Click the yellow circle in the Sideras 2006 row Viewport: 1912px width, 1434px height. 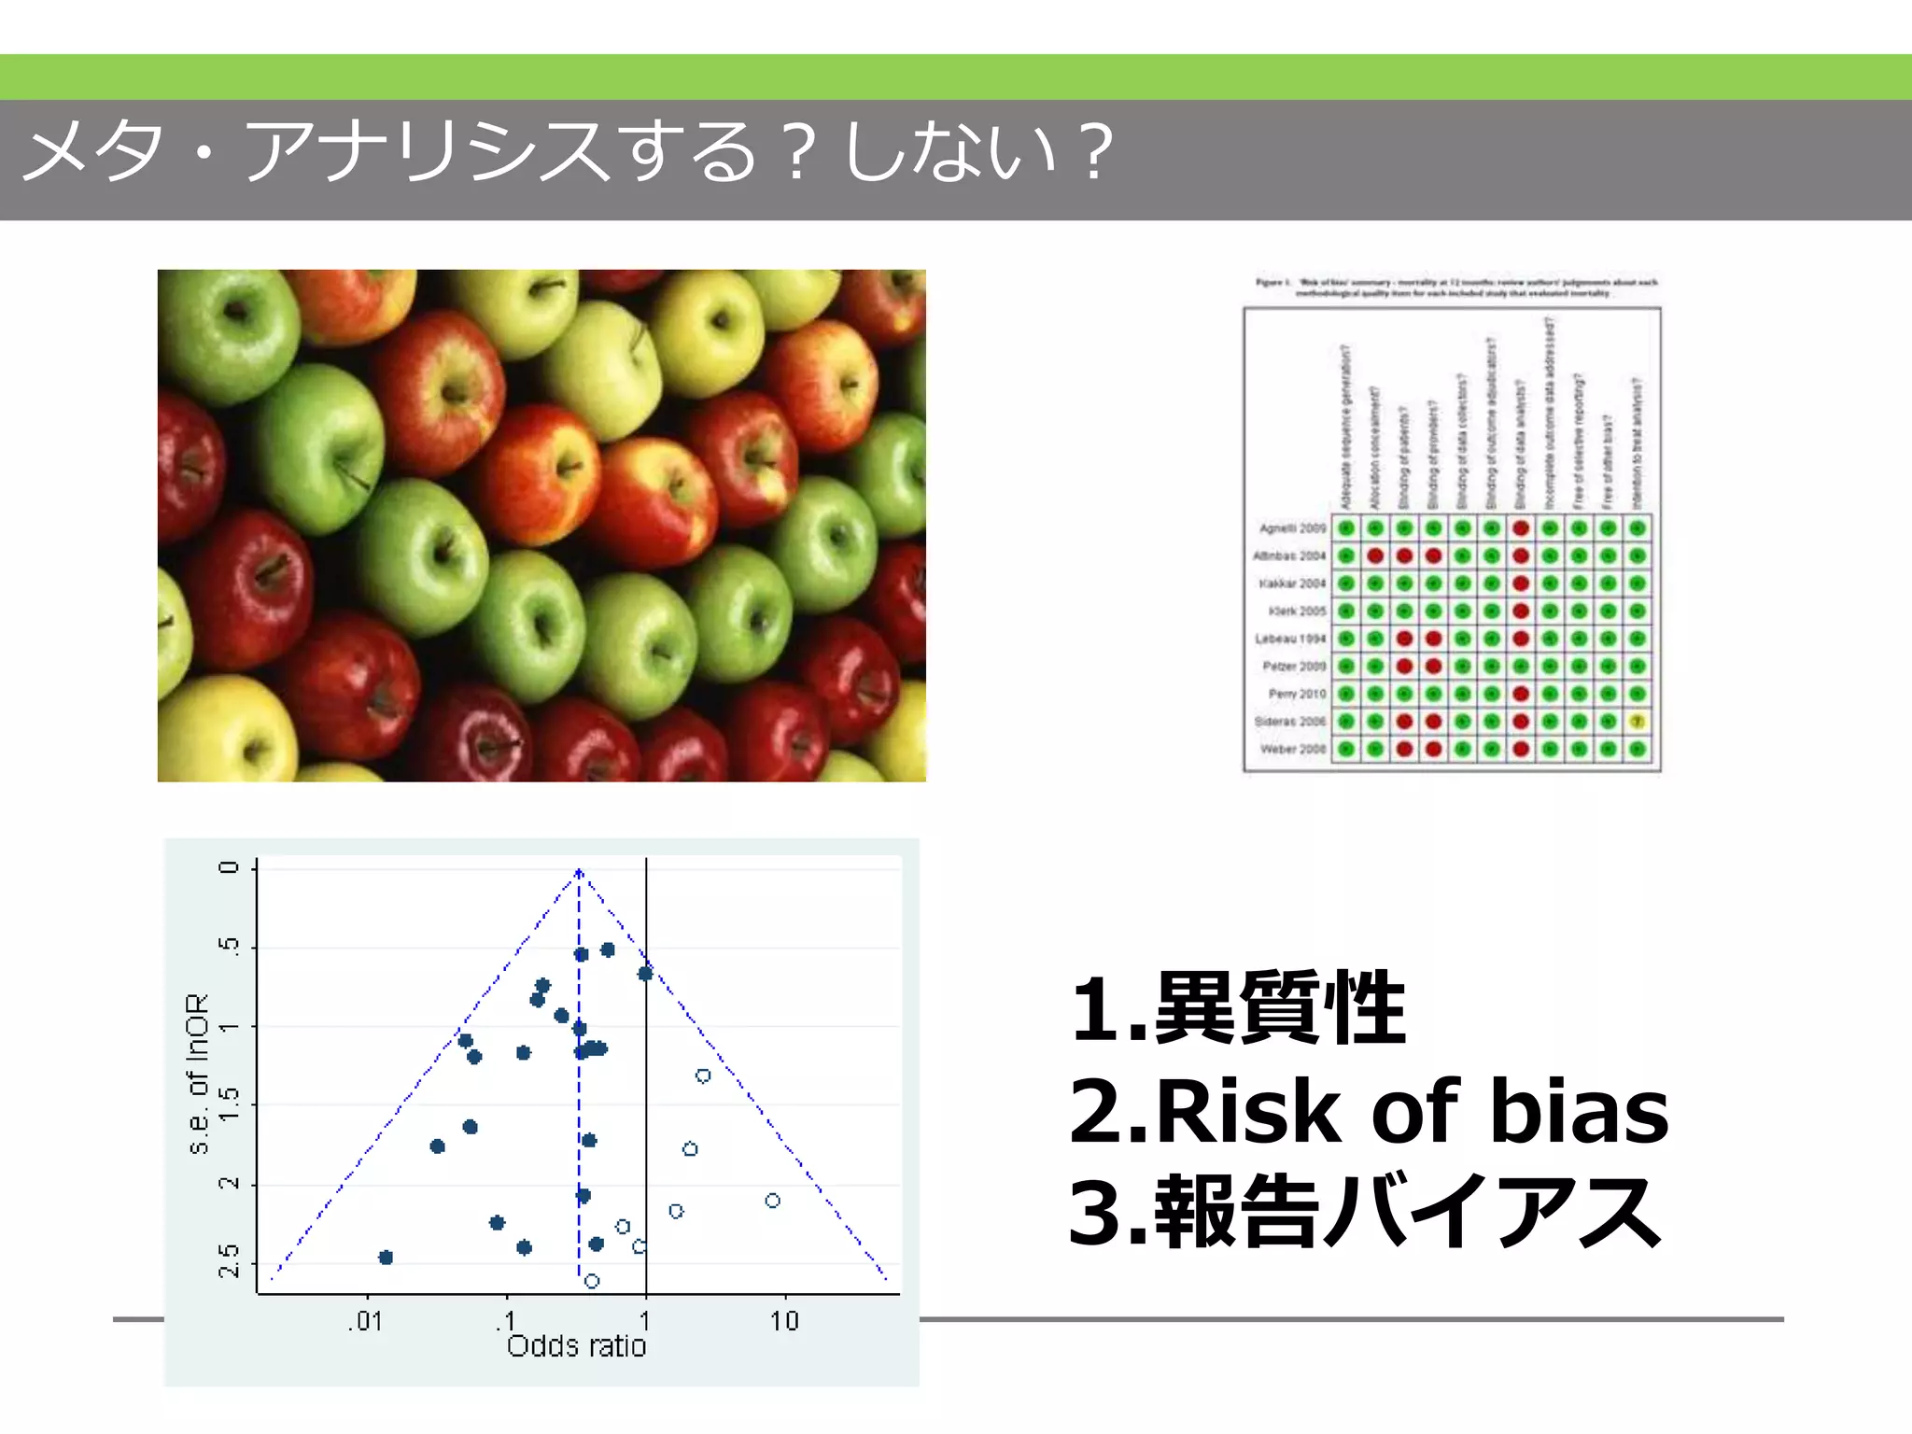pos(1637,722)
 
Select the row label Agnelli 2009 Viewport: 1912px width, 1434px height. pos(1292,528)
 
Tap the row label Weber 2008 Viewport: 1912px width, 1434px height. pos(1292,749)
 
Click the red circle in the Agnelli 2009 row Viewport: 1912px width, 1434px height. pos(1521,528)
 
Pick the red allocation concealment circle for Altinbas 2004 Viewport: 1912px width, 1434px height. pos(1375,556)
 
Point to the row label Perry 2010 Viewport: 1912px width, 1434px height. pos(1296,694)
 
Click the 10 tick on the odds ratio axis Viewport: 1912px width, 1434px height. pos(784,1321)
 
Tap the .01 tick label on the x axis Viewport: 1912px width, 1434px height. pos(365,1321)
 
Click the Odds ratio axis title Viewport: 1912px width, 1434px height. pos(576,1346)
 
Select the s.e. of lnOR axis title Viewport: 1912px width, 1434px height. pos(197,1074)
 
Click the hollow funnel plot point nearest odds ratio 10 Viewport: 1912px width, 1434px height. pos(772,1201)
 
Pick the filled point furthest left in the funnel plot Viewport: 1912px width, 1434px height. pos(386,1258)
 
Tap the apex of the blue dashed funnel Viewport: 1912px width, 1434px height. pos(579,871)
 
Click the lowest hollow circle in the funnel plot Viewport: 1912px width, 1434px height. pos(592,1281)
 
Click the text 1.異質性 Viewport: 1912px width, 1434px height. pos(1238,1009)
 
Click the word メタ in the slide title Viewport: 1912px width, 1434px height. pos(93,151)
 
